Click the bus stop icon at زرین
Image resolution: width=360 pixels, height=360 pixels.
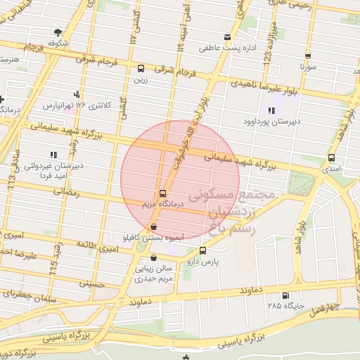(141, 69)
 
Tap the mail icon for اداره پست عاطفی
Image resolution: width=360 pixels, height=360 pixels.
(226, 37)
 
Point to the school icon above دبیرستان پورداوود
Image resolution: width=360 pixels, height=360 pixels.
(271, 110)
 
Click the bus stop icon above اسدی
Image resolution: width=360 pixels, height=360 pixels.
(331, 158)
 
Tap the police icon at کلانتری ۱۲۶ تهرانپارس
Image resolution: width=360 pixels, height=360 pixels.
(77, 94)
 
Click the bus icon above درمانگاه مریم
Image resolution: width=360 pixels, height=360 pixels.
(162, 193)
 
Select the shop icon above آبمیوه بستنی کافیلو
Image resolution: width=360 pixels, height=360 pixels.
(153, 226)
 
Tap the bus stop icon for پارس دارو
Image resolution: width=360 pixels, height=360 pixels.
(203, 250)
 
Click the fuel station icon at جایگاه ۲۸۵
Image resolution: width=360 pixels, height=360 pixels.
(285, 295)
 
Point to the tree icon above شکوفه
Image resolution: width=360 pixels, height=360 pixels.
(58, 32)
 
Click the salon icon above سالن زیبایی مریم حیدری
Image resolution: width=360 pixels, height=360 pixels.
(154, 258)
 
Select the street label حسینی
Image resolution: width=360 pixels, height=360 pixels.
(92, 285)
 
